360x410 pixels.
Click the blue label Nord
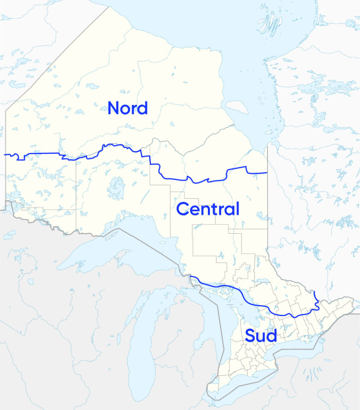[128, 108]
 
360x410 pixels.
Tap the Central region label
[207, 209]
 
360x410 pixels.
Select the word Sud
[261, 336]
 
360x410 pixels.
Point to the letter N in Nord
[114, 108]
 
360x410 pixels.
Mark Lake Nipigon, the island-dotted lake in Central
[116, 187]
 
